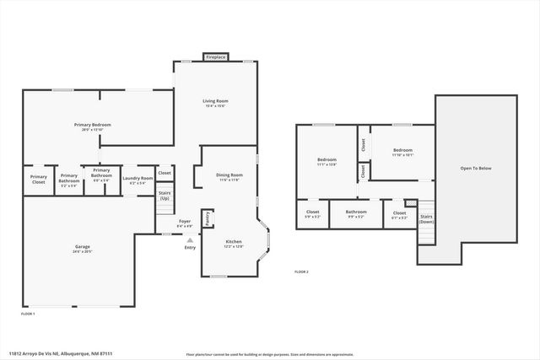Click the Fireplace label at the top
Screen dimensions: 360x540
(215, 57)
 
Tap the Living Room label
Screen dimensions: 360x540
(216, 101)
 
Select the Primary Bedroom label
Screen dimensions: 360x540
(96, 125)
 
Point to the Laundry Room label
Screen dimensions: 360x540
(138, 178)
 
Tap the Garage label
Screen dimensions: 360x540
(82, 246)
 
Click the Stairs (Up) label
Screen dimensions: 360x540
(165, 196)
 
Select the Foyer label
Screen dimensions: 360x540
(184, 221)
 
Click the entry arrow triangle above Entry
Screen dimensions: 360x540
(190, 239)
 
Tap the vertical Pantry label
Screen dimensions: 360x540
(207, 218)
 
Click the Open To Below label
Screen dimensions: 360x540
(475, 169)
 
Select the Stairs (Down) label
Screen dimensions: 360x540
(427, 218)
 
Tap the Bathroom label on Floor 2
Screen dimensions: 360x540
(355, 212)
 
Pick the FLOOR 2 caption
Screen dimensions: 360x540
(301, 271)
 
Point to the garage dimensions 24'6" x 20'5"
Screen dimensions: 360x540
(82, 251)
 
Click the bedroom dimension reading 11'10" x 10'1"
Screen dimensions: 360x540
(402, 155)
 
